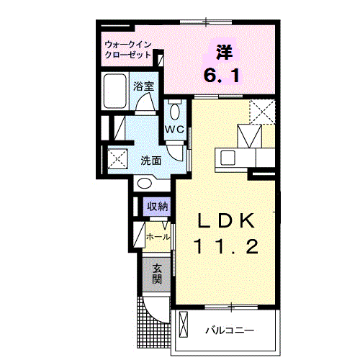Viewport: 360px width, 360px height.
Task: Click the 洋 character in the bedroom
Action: point(225,52)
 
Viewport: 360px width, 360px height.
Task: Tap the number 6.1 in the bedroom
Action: point(222,75)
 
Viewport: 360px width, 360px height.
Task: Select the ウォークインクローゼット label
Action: point(128,50)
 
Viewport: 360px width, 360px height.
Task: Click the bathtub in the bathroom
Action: point(115,91)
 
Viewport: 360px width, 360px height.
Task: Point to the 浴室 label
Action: point(143,86)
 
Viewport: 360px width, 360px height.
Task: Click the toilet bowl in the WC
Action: point(174,112)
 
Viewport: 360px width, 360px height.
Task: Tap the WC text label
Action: point(174,130)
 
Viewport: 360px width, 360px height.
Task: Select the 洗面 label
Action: point(150,161)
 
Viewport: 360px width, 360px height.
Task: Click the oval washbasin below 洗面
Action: point(145,184)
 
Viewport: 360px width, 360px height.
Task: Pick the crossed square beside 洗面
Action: point(117,158)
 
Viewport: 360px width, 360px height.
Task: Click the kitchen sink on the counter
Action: point(228,158)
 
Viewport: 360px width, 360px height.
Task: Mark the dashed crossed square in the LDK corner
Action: point(262,112)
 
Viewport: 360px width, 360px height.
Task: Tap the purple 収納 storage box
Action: point(157,207)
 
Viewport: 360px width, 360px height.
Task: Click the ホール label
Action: point(158,237)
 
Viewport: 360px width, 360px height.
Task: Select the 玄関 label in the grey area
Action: point(157,274)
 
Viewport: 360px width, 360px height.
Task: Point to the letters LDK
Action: point(225,221)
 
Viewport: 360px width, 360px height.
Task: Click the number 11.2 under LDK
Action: point(227,246)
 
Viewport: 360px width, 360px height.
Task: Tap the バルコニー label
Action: point(230,330)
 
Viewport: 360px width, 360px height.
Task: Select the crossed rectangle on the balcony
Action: point(184,324)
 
